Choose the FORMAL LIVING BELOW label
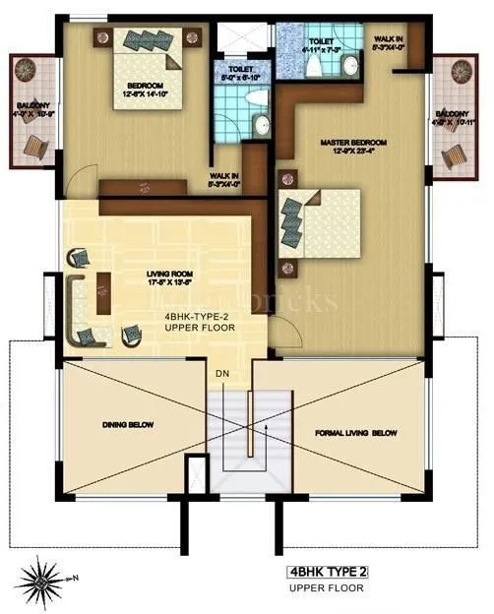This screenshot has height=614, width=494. [x=355, y=432]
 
